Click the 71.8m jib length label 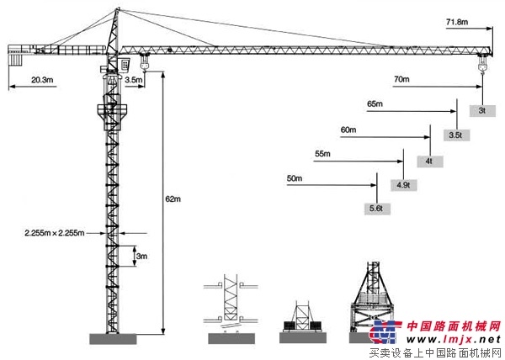pos(457,22)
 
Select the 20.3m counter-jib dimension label pos(42,80)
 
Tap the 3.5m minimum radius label pos(133,79)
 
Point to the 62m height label pos(173,199)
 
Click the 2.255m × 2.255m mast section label pos(55,233)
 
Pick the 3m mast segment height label pos(141,256)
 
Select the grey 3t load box pos(482,111)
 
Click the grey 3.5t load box pos(456,135)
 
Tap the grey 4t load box pos(429,161)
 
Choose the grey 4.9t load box pos(403,185)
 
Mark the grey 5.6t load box pos(377,209)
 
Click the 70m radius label pos(401,79)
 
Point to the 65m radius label pos(375,104)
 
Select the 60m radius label pos(348,130)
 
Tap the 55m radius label pos(322,154)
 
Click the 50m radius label pos(295,178)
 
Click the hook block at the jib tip pos(482,64)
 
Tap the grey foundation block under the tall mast pos(113,339)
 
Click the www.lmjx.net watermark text pos(454,339)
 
